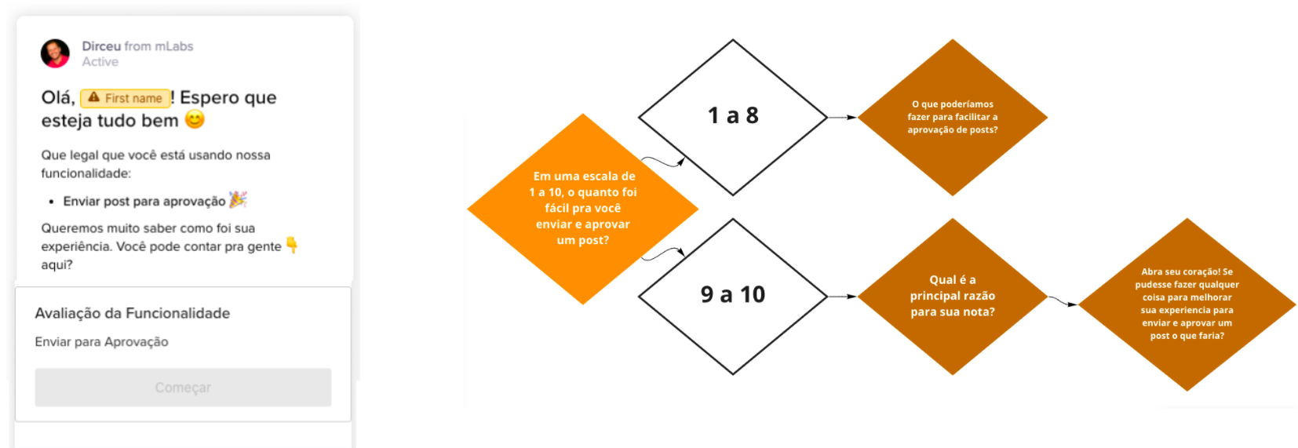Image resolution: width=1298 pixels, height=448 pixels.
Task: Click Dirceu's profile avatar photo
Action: [55, 53]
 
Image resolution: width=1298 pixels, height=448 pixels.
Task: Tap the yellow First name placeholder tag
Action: [125, 98]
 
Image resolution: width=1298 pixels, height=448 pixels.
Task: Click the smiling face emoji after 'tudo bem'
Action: [195, 119]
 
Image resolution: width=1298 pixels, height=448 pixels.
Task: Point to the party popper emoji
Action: [238, 199]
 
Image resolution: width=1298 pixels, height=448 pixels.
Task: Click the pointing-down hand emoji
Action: [292, 245]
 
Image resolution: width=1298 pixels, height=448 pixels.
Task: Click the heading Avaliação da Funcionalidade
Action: [132, 314]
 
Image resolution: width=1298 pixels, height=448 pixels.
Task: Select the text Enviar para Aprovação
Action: [101, 342]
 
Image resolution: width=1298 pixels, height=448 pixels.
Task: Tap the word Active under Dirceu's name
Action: [100, 62]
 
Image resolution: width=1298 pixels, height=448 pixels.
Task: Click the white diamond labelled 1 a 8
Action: [732, 117]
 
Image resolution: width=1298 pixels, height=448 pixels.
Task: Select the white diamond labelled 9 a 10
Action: [732, 296]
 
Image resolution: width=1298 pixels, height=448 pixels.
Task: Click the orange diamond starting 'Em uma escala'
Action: [583, 209]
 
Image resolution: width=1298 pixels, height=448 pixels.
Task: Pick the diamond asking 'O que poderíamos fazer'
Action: [953, 117]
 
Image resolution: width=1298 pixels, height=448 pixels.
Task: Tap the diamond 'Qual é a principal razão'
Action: [953, 296]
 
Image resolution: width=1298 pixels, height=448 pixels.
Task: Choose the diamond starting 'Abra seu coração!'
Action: [1187, 304]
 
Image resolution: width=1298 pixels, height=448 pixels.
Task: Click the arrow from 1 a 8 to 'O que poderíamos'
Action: [842, 117]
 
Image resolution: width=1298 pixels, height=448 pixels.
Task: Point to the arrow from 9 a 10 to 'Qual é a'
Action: [842, 296]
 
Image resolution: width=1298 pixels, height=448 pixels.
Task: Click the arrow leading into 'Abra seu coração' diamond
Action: [1063, 302]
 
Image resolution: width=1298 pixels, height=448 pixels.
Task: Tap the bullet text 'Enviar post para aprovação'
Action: [144, 201]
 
